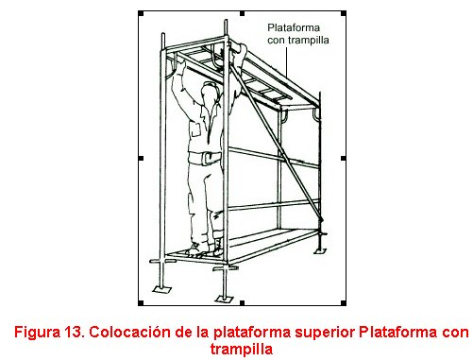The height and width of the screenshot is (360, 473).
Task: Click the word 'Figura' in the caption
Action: click(x=37, y=333)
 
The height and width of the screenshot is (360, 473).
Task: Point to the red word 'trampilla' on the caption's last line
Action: click(x=242, y=350)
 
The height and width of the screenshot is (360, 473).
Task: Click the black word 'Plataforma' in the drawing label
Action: click(x=294, y=27)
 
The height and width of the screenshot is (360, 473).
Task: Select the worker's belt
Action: click(x=205, y=158)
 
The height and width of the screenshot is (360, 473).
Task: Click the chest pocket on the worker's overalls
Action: click(x=195, y=129)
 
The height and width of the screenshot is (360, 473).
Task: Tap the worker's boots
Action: click(x=205, y=249)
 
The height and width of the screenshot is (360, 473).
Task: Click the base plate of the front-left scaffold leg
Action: click(x=161, y=289)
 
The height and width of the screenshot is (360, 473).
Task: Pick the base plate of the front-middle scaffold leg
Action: click(x=224, y=299)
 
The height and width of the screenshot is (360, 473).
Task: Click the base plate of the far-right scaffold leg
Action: click(x=321, y=250)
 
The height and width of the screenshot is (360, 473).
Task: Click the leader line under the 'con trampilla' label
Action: click(x=287, y=63)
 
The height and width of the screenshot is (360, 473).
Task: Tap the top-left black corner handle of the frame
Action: click(x=141, y=13)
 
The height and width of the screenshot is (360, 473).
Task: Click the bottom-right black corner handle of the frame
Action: click(x=344, y=303)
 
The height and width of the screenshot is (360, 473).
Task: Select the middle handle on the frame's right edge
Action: click(x=344, y=158)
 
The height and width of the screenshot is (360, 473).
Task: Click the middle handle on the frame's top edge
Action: click(x=242, y=13)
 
